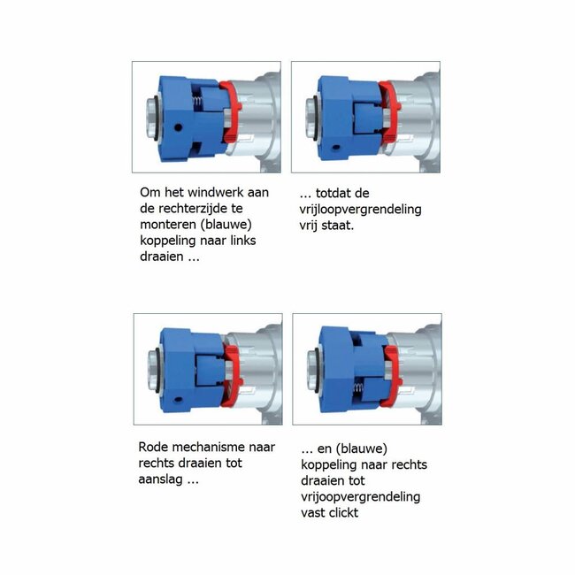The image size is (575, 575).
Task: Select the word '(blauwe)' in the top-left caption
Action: (226, 225)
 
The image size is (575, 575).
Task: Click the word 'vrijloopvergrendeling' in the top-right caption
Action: (360, 210)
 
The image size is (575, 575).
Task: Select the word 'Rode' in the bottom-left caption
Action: (153, 447)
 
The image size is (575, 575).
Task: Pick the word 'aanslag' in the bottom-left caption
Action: (160, 479)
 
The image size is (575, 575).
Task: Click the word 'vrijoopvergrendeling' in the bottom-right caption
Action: (360, 497)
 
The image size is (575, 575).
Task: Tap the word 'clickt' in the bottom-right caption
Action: (343, 513)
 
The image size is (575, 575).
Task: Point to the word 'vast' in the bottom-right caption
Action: (313, 513)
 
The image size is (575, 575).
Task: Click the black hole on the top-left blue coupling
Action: (178, 128)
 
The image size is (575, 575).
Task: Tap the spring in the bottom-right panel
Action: (358, 388)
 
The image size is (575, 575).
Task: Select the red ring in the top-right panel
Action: (390, 111)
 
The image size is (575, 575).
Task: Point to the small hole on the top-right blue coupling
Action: (335, 148)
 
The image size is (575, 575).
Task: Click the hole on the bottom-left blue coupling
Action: (179, 399)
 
